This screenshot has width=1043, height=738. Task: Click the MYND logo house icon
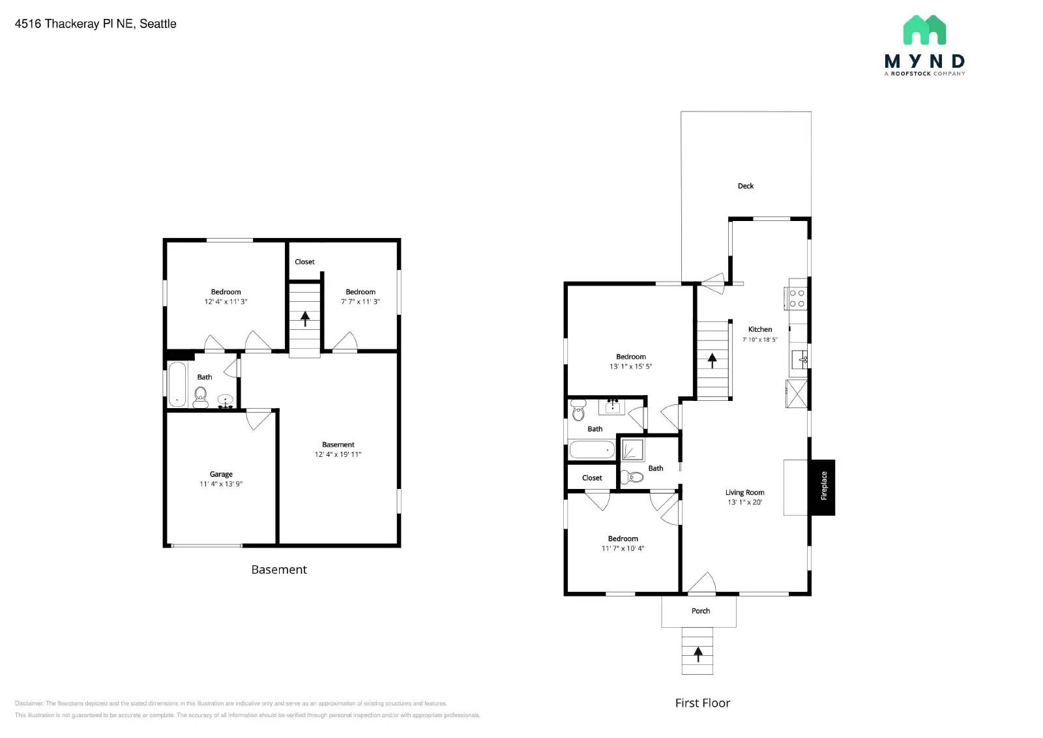pos(924,30)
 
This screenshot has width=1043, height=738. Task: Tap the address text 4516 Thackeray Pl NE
pos(95,23)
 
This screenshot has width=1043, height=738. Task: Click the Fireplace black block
pos(823,487)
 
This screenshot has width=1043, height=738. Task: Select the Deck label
pos(745,186)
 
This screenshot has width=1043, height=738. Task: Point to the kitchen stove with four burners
pos(797,298)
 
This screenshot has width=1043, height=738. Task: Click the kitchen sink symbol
pos(800,359)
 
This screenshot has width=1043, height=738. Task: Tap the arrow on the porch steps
pos(698,653)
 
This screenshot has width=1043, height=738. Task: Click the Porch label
pos(700,611)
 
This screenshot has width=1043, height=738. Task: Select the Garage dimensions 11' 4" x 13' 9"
pos(220,484)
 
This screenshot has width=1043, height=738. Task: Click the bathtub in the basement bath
pos(177,384)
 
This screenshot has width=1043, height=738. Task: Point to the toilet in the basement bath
pos(200,395)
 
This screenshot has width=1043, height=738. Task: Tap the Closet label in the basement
pos(304,261)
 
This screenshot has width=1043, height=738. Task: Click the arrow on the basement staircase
pos(304,318)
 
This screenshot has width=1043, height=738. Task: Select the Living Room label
pos(744,492)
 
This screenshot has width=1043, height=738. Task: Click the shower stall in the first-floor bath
pos(632,450)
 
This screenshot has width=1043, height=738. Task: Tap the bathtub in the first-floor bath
pos(591,449)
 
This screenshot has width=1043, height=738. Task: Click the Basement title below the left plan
pos(279,569)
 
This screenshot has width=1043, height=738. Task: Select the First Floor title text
pos(702,703)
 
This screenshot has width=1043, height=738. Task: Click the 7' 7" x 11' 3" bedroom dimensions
pos(360,302)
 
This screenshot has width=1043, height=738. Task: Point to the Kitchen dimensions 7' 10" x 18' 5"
pos(759,340)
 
